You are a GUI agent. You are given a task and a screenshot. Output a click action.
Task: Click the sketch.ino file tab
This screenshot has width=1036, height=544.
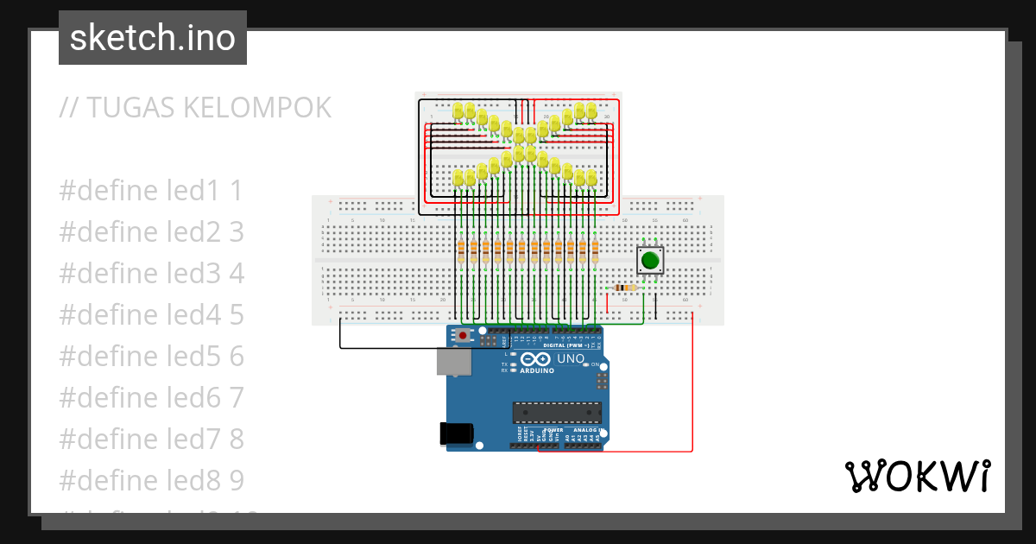pyautogui.click(x=153, y=38)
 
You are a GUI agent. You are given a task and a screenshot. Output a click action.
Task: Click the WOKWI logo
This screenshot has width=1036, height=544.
pyautogui.click(x=916, y=476)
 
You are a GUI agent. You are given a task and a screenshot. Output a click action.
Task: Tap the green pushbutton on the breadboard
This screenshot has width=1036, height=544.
pyautogui.click(x=650, y=259)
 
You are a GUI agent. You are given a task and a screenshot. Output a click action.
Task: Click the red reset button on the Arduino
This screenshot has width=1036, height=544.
pyautogui.click(x=464, y=335)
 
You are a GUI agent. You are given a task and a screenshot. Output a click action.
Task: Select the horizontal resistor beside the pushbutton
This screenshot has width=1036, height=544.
pyautogui.click(x=624, y=288)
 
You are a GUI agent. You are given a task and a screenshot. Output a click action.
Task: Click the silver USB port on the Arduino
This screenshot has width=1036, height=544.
pyautogui.click(x=453, y=362)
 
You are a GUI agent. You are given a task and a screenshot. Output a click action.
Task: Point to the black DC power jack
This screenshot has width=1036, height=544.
pyautogui.click(x=458, y=433)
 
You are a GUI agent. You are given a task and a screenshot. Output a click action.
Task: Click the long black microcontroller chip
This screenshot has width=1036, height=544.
pyautogui.click(x=556, y=414)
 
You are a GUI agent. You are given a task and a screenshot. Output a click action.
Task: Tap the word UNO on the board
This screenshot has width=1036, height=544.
pyautogui.click(x=571, y=358)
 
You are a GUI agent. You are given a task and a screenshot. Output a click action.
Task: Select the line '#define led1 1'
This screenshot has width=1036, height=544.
pyautogui.click(x=151, y=191)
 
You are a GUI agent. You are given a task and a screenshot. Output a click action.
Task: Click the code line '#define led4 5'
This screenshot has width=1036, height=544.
pyautogui.click(x=151, y=315)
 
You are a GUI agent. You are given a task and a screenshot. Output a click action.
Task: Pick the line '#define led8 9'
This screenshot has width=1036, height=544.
pyautogui.click(x=151, y=481)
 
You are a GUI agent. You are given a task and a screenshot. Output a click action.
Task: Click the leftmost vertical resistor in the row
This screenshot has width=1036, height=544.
pyautogui.click(x=461, y=251)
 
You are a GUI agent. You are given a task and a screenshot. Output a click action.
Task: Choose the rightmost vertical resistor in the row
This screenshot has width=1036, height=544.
pyautogui.click(x=595, y=251)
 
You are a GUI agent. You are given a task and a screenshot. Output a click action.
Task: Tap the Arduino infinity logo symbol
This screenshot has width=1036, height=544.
pyautogui.click(x=535, y=358)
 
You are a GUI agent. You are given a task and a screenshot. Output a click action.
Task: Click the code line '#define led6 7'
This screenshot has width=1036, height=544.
pyautogui.click(x=151, y=398)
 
